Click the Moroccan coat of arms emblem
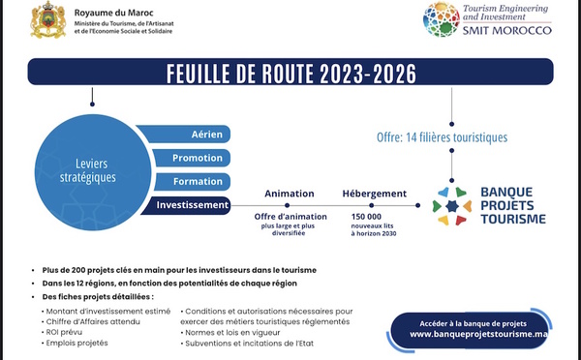[x=48, y=19]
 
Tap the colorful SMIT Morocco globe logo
[x=442, y=19]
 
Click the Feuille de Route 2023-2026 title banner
[x=290, y=72]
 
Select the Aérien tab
[x=184, y=135]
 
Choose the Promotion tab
[x=192, y=158]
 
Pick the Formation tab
[x=193, y=182]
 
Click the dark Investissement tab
[x=186, y=205]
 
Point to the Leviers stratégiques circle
[x=93, y=172]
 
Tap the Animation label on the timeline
[x=289, y=194]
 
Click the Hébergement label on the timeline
[x=374, y=194]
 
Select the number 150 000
[x=366, y=217]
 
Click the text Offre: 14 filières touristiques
[x=443, y=137]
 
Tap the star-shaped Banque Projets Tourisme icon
[x=451, y=206]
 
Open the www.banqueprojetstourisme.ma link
[x=478, y=334]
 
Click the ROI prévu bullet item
[x=62, y=332]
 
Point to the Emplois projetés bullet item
[x=75, y=343]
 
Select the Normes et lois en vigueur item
[x=230, y=333]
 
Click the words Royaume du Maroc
[x=113, y=13]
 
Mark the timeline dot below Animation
[x=288, y=205]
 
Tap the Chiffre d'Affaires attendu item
[x=91, y=322]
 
